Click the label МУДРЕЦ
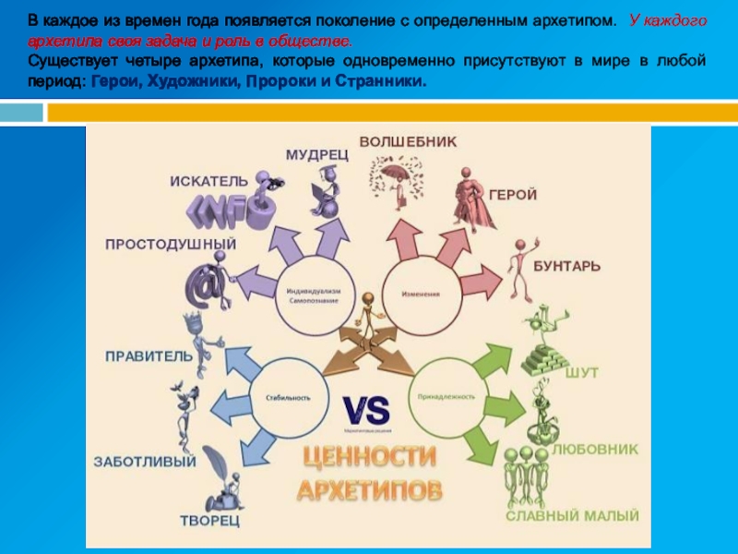pyautogui.click(x=316, y=155)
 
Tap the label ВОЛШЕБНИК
pyautogui.click(x=407, y=142)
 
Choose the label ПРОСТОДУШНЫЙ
pyautogui.click(x=171, y=245)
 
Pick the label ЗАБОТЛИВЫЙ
pyautogui.click(x=144, y=462)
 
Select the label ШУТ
pyautogui.click(x=581, y=371)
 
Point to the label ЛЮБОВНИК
pyautogui.click(x=595, y=450)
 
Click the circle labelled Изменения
pyautogui.click(x=420, y=295)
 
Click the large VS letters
pyautogui.click(x=366, y=409)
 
